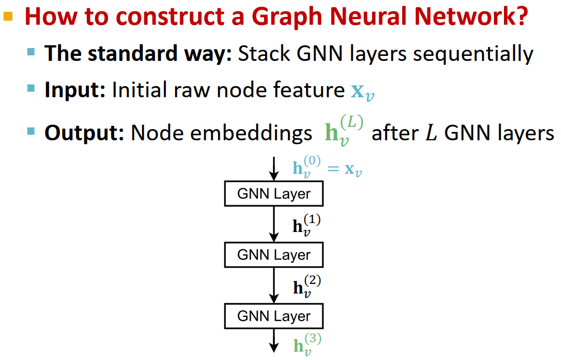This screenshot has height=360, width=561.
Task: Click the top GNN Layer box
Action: click(274, 194)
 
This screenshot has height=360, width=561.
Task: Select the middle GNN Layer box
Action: click(274, 255)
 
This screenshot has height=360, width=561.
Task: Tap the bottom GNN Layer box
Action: click(274, 316)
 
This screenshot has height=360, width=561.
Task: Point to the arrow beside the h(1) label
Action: click(274, 224)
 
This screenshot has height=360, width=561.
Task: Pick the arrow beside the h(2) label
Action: click(274, 285)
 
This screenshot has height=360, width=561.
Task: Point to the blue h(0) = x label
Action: click(327, 167)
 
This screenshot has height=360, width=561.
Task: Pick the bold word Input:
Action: click(75, 91)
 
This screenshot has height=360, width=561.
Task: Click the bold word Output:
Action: click(84, 132)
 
